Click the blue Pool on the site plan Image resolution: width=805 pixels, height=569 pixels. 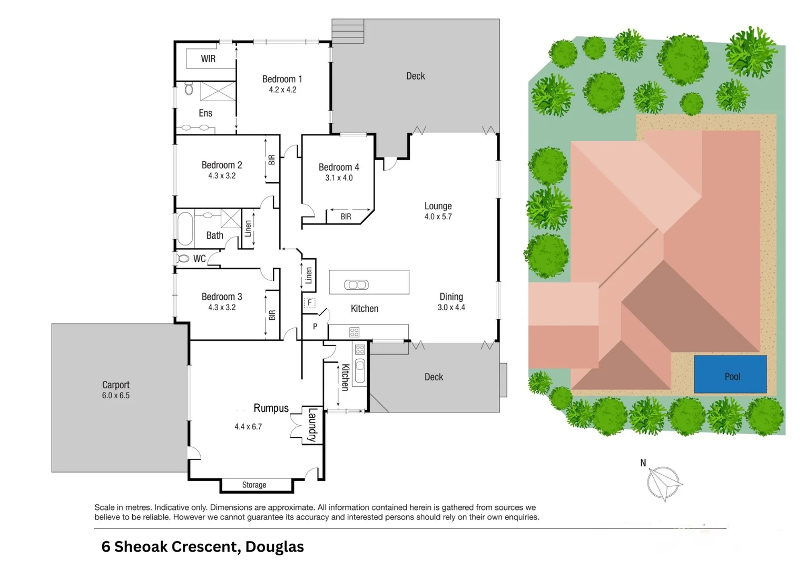click(730, 374)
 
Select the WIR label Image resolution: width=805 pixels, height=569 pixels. click(208, 58)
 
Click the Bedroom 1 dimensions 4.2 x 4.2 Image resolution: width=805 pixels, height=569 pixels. click(282, 90)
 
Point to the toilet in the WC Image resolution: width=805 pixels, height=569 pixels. click(183, 259)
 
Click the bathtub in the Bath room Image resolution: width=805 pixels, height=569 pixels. click(185, 229)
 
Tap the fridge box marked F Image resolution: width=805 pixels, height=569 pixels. click(309, 302)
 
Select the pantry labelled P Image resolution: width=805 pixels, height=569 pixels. click(315, 326)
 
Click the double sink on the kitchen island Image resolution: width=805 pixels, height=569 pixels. click(357, 285)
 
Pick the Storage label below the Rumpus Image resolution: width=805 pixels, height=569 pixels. click(254, 485)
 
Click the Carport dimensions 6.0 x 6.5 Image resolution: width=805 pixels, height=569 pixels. click(116, 395)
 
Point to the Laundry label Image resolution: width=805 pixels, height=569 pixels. click(312, 425)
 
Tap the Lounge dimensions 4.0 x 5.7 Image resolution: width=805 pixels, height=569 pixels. click(438, 217)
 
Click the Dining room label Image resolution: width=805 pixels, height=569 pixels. click(451, 297)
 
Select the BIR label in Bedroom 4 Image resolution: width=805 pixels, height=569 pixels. click(346, 217)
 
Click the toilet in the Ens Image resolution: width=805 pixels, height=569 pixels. click(189, 89)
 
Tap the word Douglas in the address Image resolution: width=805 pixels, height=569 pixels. click(274, 547)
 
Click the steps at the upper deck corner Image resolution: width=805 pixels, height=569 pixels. click(348, 31)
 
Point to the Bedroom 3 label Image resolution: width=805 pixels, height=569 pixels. click(222, 297)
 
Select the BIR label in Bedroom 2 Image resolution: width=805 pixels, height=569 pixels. click(272, 160)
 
